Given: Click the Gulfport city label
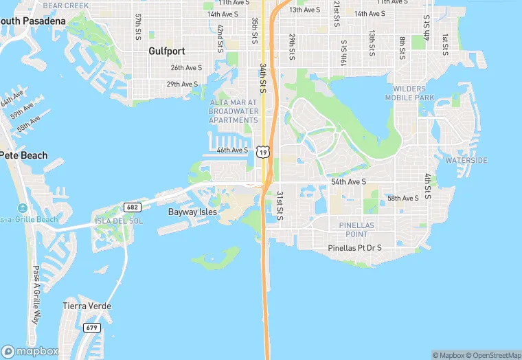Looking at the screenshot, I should click(167, 51).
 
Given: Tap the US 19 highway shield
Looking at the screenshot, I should click(263, 151).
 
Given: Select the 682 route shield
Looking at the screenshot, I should click(132, 207).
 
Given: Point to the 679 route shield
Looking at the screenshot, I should click(92, 328).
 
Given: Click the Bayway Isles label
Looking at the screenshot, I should click(192, 212).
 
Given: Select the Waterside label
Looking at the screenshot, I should click(466, 160).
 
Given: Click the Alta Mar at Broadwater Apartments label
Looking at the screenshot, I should click(234, 111).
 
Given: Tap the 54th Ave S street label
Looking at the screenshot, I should click(349, 182).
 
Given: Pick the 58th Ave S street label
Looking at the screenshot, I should click(402, 199).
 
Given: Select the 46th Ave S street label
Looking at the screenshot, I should click(232, 150).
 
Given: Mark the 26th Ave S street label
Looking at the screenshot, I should click(186, 68).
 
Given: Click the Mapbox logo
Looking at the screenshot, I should click(30, 350).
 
